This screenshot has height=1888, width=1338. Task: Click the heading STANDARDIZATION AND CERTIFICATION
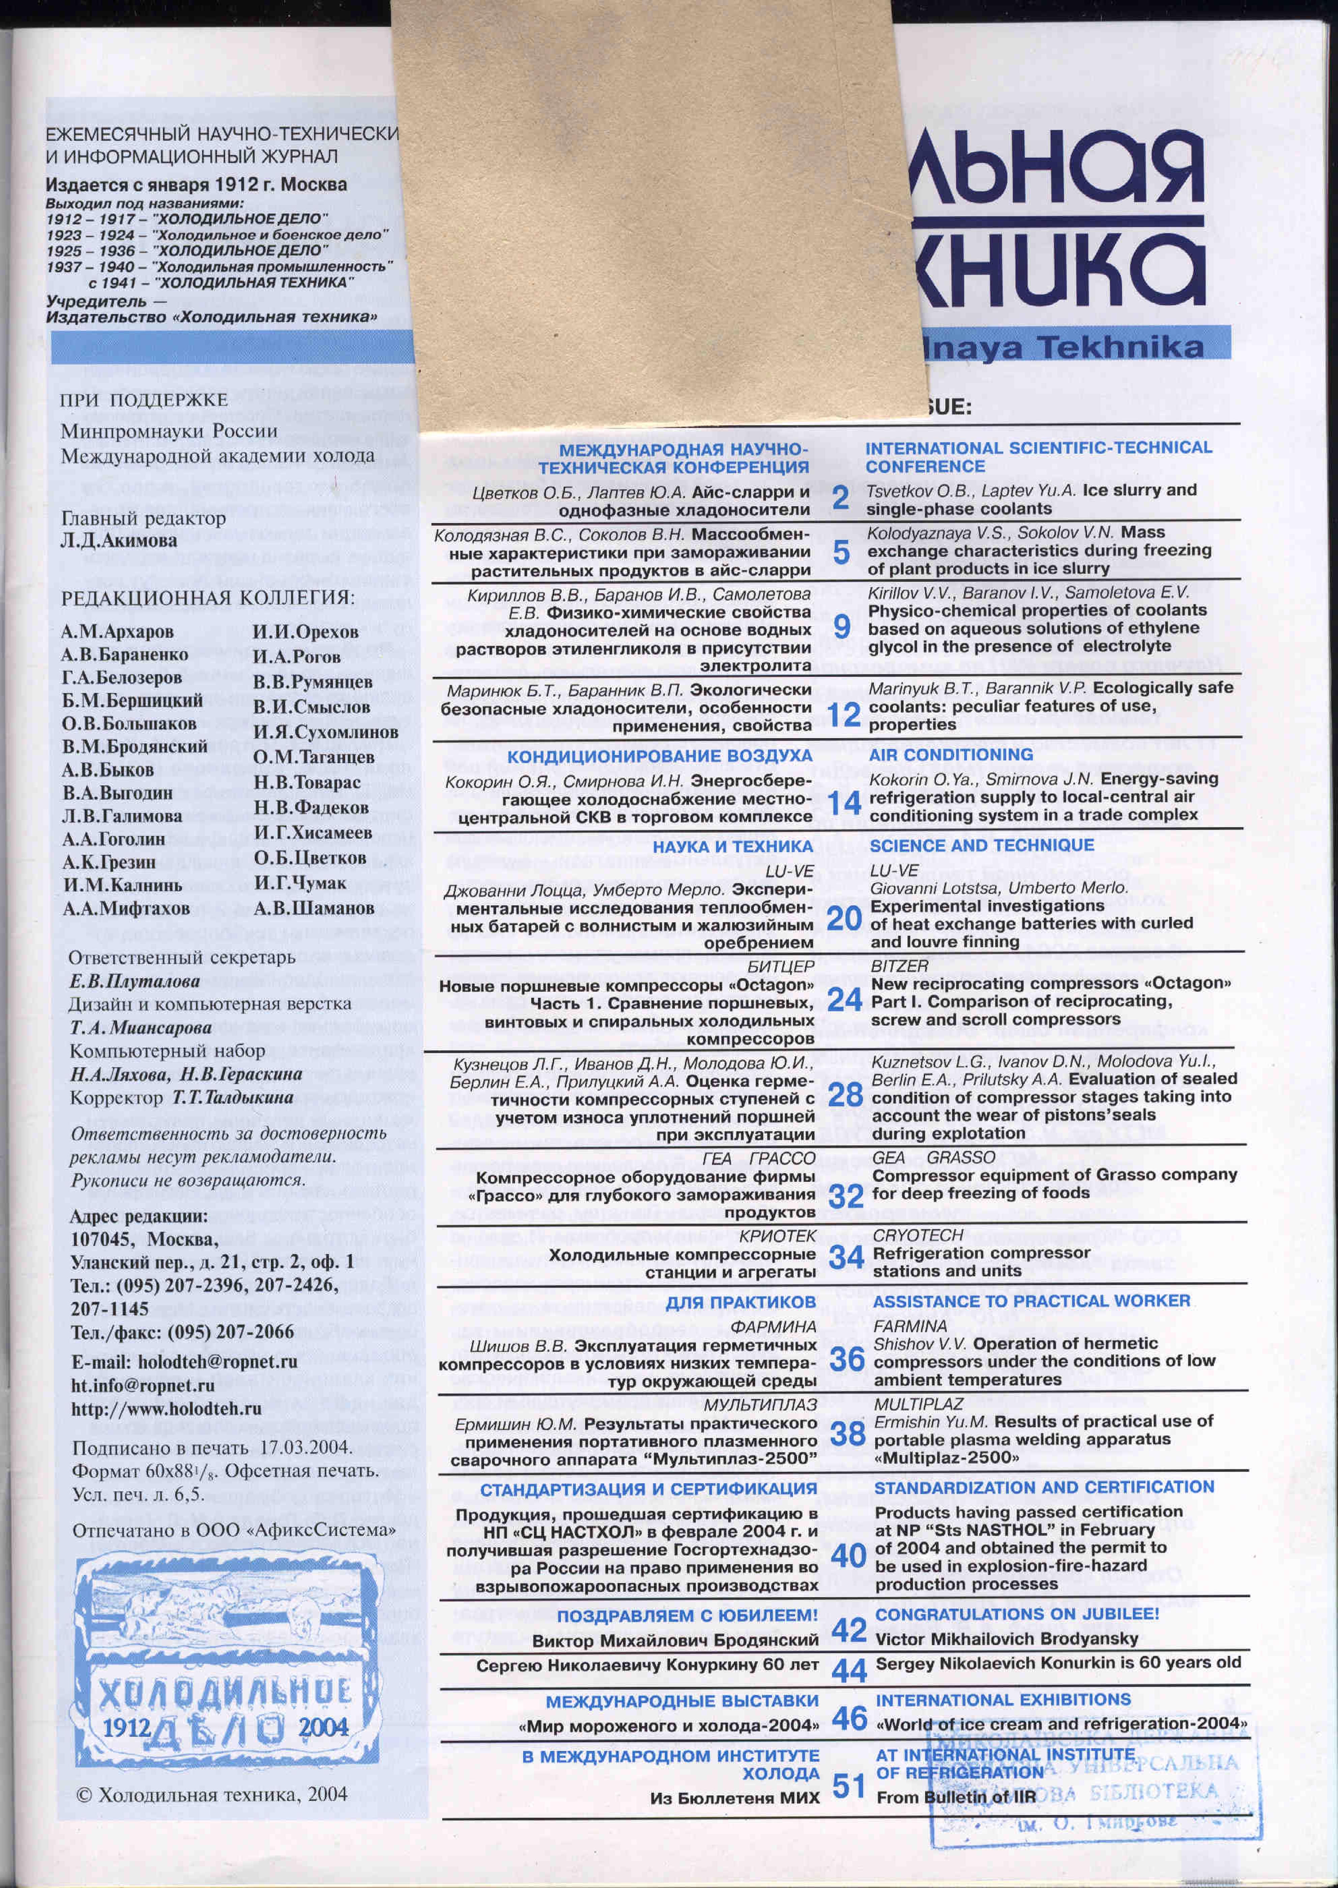[1044, 1487]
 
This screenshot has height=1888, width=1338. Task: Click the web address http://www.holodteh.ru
[167, 1409]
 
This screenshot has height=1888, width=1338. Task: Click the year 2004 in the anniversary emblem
[323, 1728]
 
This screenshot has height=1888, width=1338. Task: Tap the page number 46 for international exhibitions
[849, 1718]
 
